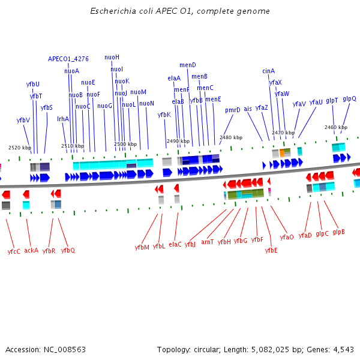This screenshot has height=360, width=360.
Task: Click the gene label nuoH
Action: click(x=112, y=57)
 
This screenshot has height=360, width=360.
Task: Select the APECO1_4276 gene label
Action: click(x=68, y=59)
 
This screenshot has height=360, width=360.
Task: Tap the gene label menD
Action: click(x=188, y=65)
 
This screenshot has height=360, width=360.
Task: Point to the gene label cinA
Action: click(x=268, y=71)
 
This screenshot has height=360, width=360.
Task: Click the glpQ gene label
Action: click(x=349, y=98)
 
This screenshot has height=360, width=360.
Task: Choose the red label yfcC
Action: click(x=14, y=251)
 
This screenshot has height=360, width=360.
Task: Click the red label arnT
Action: click(x=208, y=242)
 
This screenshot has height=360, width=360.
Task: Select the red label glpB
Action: click(x=338, y=232)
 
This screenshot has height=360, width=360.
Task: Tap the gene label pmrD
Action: click(x=233, y=110)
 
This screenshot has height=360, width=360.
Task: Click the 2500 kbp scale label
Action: click(x=125, y=144)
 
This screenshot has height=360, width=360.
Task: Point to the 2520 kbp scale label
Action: click(x=19, y=147)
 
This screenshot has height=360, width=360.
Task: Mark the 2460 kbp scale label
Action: click(x=335, y=127)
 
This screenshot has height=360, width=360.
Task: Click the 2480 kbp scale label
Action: click(x=231, y=137)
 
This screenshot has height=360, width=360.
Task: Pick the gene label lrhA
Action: click(x=63, y=119)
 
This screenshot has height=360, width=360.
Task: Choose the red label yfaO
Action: click(x=287, y=237)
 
